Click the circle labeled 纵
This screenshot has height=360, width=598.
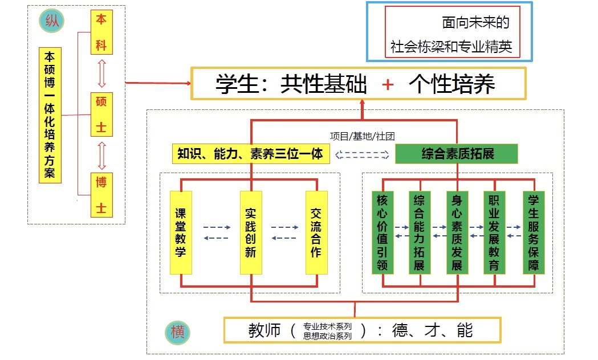coord(51,22)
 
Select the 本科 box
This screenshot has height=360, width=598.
coord(101,32)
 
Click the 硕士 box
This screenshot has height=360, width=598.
coord(101,114)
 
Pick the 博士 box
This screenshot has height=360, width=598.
coord(101,195)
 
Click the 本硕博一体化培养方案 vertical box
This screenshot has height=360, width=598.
coord(50,115)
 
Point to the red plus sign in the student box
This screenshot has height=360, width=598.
coord(388,85)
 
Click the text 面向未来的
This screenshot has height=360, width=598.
coord(475,22)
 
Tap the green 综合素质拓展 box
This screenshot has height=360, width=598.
coord(457,154)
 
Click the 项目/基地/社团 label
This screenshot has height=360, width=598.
coord(363,136)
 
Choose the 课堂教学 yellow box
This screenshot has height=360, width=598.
coord(181,232)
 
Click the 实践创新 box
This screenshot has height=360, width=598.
coord(251,232)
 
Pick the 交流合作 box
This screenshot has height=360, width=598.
coord(316,232)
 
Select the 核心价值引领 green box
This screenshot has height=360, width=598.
coord(383,232)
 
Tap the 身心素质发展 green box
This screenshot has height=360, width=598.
coord(457,232)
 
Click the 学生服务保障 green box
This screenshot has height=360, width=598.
coord(534,232)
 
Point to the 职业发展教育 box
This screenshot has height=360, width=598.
coord(494,232)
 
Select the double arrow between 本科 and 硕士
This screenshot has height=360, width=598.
coord(101,73)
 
